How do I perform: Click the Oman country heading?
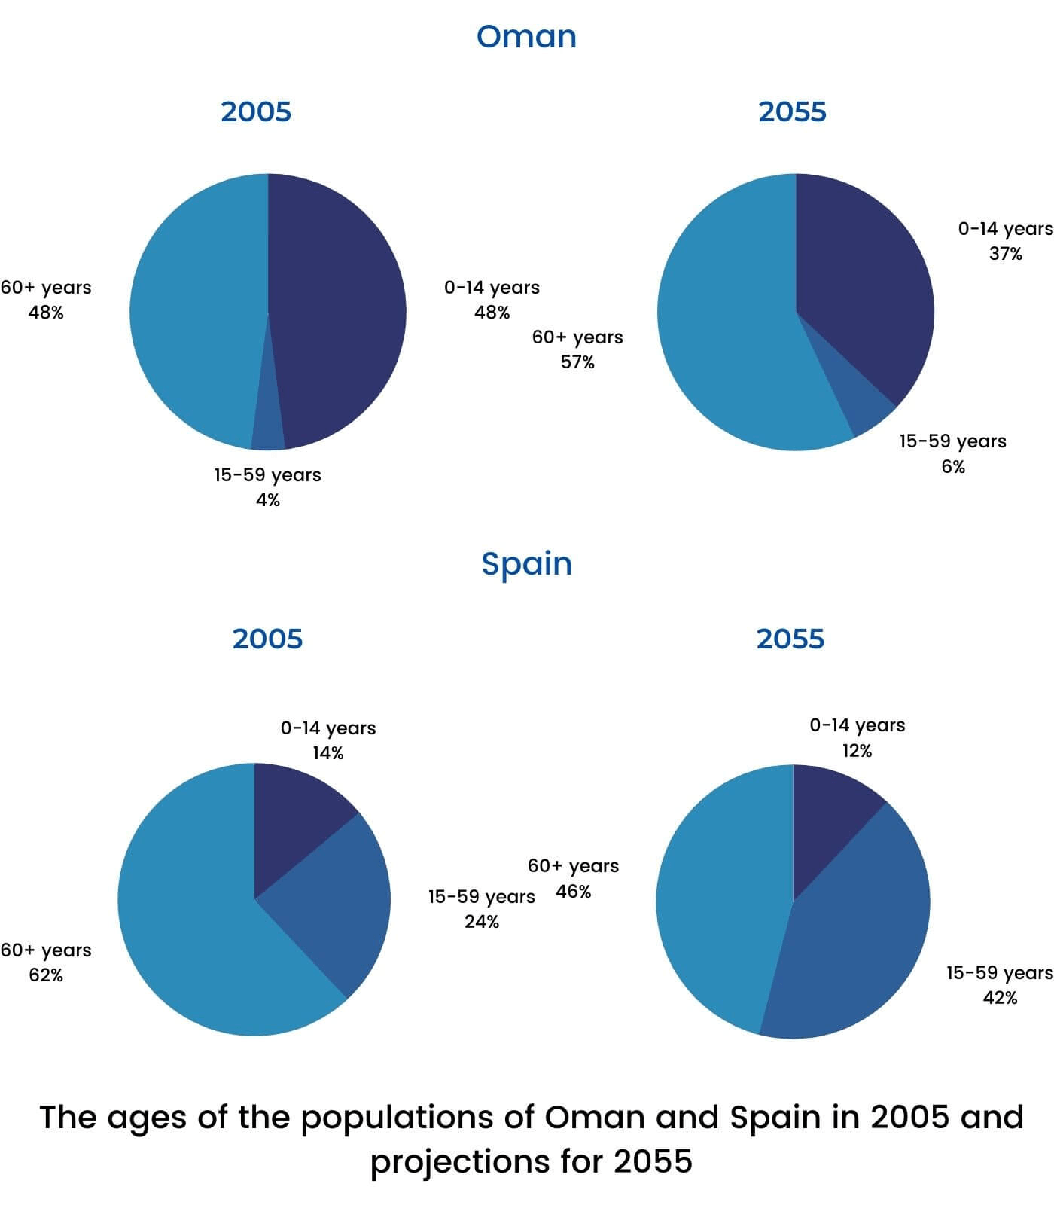point(526,37)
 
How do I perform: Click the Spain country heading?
point(526,564)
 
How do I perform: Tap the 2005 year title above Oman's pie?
point(256,111)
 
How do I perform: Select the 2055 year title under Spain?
point(790,639)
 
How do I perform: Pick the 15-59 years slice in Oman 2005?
point(268,429)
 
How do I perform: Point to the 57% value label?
point(577,362)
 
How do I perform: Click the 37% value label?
point(1005,254)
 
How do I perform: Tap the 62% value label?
point(46,975)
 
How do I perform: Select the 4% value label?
point(268,499)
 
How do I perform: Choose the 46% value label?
point(574,892)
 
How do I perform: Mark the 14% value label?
point(328,753)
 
